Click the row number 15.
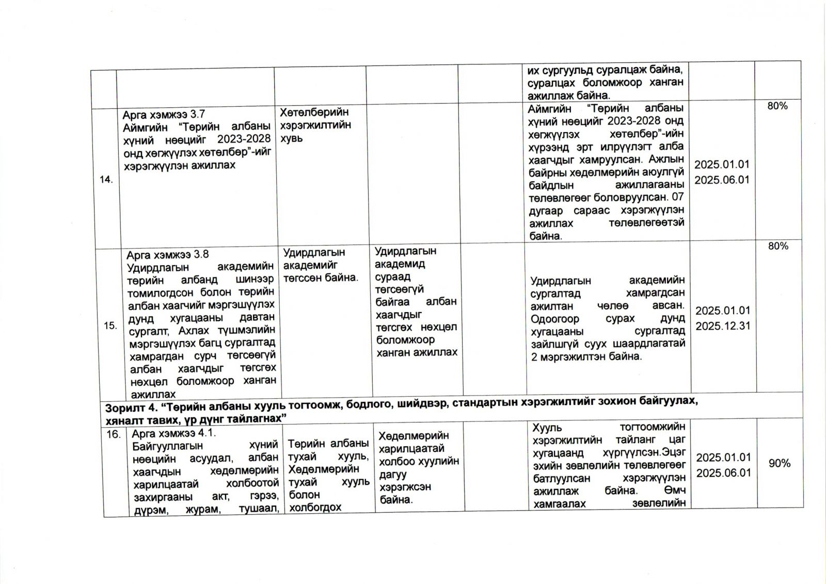pos(110,326)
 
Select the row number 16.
pos(113,434)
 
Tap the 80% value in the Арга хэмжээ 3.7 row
pos(777,106)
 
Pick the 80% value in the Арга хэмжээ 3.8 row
pos(778,246)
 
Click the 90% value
pos(779,463)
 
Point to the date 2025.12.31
pos(723,326)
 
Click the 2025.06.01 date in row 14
pos(721,180)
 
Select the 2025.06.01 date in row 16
pos(723,473)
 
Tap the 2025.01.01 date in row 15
pos(722,311)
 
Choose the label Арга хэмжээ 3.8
pos(168,255)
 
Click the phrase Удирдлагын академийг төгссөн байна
pos(320,265)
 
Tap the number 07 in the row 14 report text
pos(678,197)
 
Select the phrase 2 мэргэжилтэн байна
pos(586,356)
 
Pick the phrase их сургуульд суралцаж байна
pos(605,70)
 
